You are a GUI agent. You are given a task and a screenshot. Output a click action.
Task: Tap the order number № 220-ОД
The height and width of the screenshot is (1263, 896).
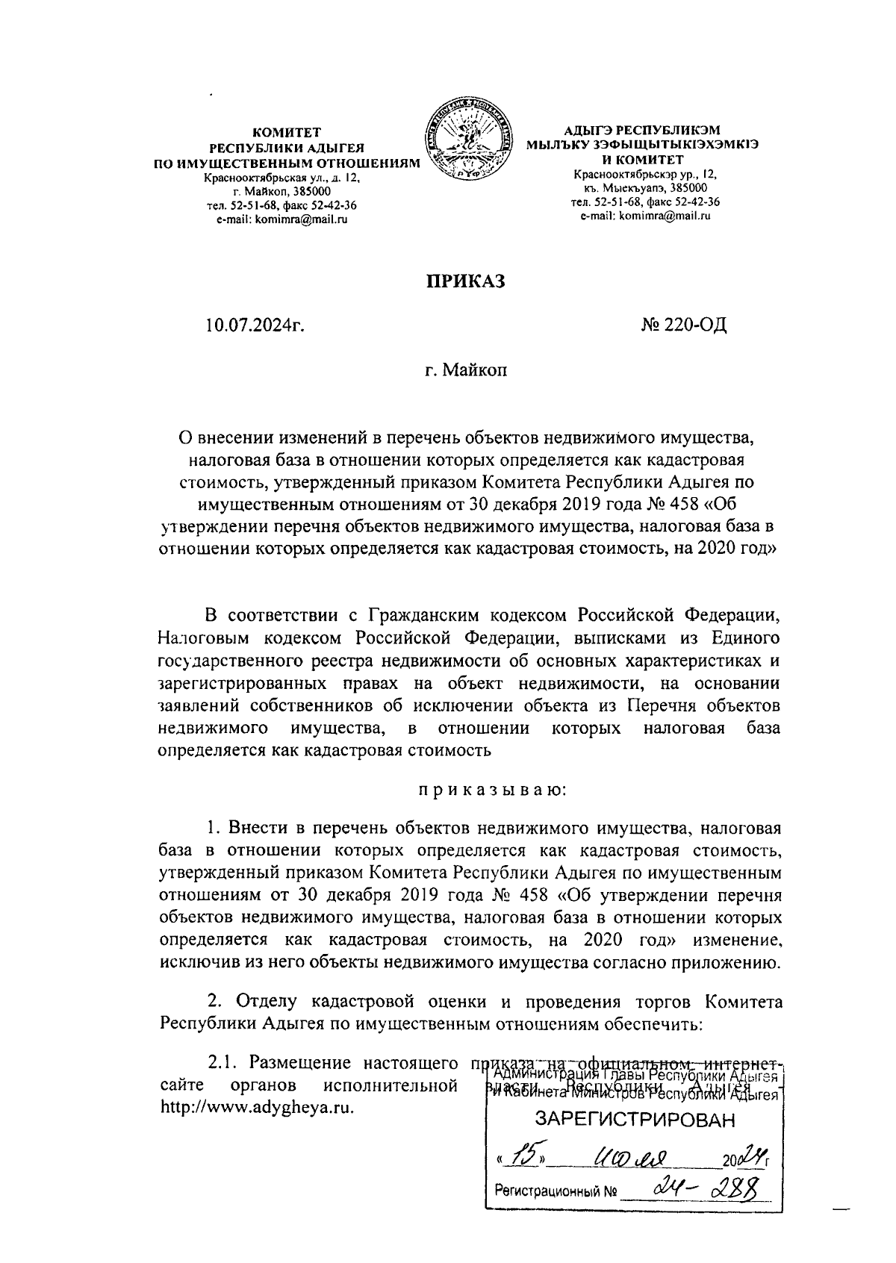point(683,325)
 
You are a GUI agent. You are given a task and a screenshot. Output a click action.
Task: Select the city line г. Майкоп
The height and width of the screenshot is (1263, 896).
point(465,369)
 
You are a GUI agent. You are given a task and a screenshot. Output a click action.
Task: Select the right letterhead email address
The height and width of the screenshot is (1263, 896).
point(645,216)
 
